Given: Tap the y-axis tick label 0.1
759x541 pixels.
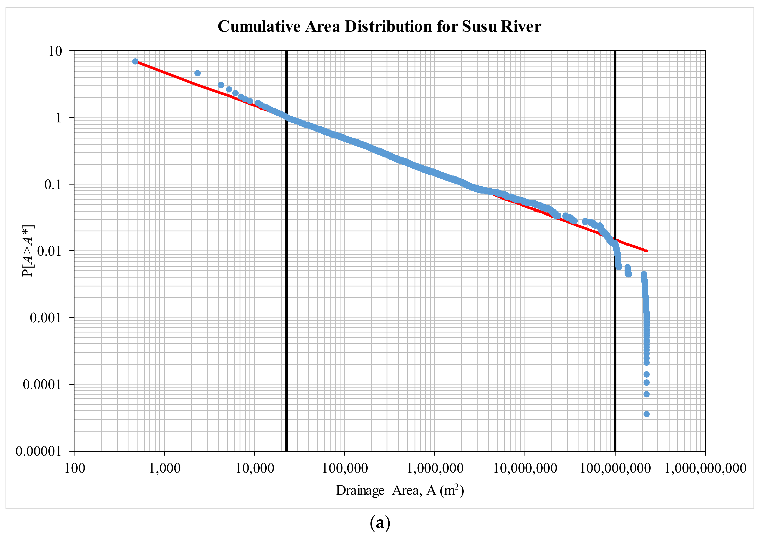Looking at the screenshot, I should [53, 185].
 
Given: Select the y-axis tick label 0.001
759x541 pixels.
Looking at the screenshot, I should [46, 318].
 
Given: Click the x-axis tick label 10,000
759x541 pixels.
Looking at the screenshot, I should [255, 468].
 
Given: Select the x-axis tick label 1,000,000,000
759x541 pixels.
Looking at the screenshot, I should [705, 468].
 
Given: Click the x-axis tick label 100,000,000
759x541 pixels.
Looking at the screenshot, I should [615, 468].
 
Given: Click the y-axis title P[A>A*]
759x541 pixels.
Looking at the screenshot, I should [28, 251].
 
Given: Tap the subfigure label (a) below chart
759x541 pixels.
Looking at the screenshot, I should [380, 524].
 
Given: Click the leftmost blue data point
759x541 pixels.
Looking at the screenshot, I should [135, 61].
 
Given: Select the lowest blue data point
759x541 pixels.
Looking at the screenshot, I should [646, 414].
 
